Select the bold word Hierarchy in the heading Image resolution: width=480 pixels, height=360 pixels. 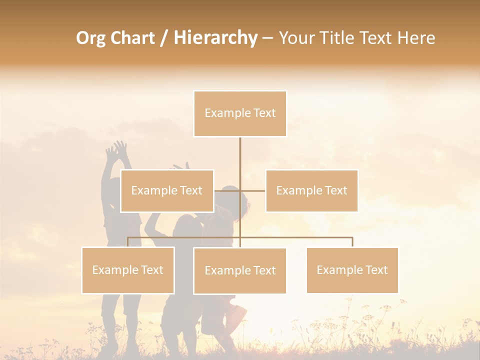(215, 38)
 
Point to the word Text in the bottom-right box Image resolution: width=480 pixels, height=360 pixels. (377, 270)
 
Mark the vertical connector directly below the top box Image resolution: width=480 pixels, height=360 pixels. (240, 155)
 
